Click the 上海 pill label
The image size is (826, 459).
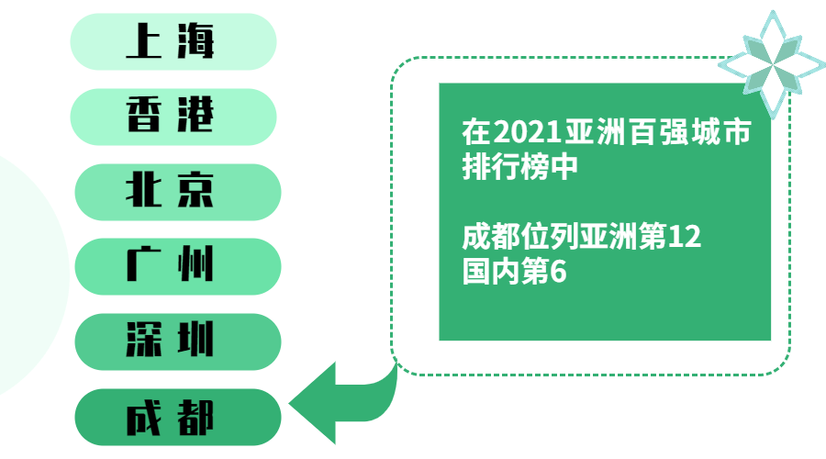(x=173, y=42)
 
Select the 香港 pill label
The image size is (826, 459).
(x=173, y=117)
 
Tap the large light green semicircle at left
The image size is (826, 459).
(x=28, y=275)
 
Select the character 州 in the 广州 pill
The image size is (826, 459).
(x=196, y=266)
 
